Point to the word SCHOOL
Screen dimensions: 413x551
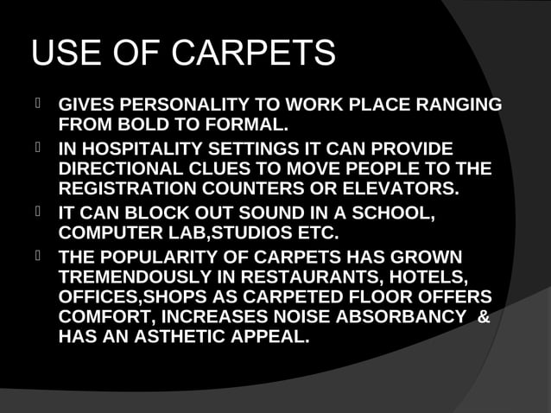[x=396, y=212]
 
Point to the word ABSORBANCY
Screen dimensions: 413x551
[x=396, y=316]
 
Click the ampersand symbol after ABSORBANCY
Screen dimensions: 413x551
[x=483, y=316]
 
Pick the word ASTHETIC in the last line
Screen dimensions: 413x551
[x=178, y=336]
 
